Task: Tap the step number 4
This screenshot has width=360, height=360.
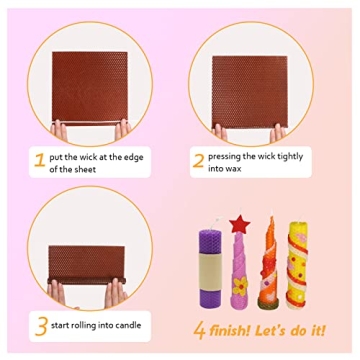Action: pyautogui.click(x=199, y=330)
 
